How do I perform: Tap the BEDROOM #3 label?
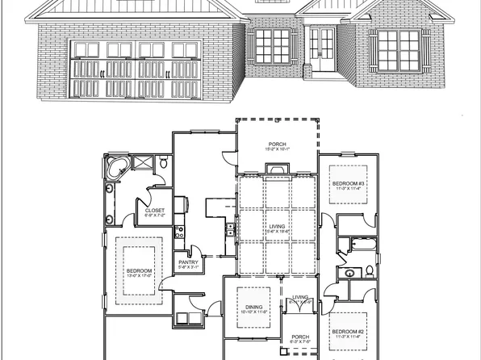pyautogui.click(x=348, y=186)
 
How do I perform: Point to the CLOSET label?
pyautogui.click(x=154, y=213)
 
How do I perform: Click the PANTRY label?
pyautogui.click(x=187, y=263)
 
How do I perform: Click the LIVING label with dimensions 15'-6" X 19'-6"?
pyautogui.click(x=277, y=228)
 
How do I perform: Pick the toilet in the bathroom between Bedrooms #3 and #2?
pyautogui.click(x=370, y=270)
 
